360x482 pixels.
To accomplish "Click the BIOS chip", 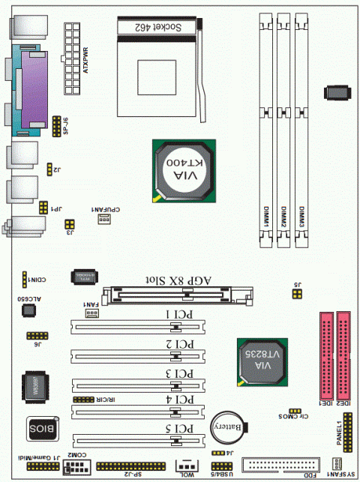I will pos(42,429).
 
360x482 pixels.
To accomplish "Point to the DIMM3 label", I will pos(301,218).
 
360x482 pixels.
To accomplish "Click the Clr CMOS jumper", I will pos(295,412).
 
